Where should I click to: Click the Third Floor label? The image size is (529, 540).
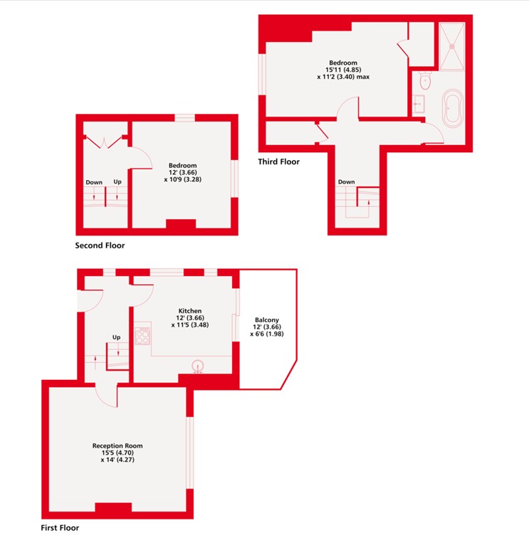tap(279, 162)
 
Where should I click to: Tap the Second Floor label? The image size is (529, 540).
tap(100, 245)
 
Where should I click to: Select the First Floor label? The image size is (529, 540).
tap(60, 528)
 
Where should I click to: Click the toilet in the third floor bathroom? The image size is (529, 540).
tap(425, 80)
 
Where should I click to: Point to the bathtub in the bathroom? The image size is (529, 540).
tap(453, 108)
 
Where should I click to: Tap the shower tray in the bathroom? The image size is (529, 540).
tap(452, 46)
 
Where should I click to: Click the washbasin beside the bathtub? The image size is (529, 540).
tap(419, 104)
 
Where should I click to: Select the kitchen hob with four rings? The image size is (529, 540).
tap(142, 336)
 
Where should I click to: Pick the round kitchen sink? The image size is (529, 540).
tap(197, 366)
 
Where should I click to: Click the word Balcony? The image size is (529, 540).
tap(267, 320)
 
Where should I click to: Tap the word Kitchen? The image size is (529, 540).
tap(190, 311)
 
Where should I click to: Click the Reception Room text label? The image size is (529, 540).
tap(117, 445)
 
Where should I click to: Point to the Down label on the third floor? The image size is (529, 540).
tap(346, 182)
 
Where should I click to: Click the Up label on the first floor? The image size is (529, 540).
tap(117, 337)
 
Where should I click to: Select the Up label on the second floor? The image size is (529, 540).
tap(117, 181)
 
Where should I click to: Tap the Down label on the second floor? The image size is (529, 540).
tap(94, 182)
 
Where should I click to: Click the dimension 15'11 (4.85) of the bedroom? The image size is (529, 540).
tap(343, 70)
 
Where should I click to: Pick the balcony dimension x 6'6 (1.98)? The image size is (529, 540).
tap(267, 334)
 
